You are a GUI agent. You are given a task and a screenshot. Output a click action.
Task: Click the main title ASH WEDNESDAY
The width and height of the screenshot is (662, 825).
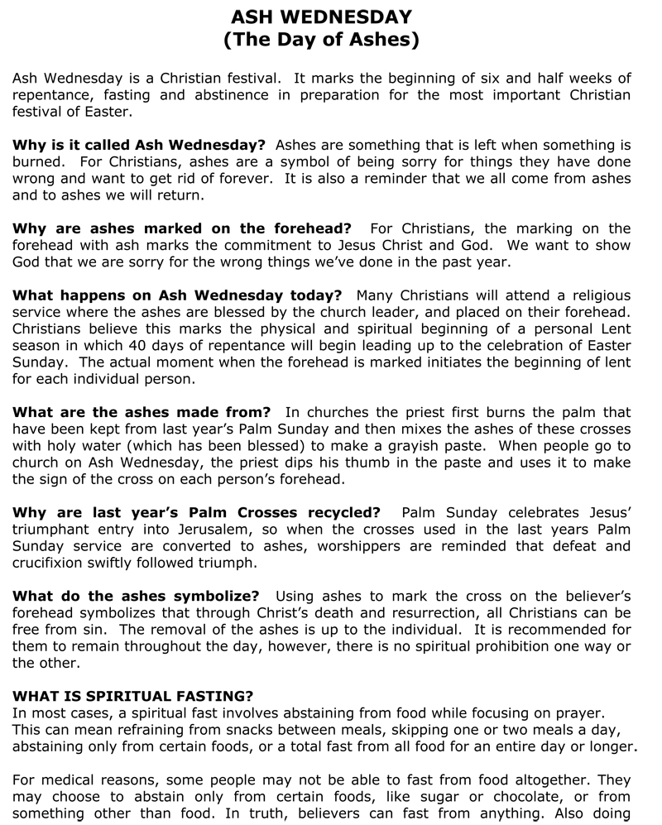point(321,17)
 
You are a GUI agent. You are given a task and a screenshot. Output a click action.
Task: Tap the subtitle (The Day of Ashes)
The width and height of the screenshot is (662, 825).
point(321,39)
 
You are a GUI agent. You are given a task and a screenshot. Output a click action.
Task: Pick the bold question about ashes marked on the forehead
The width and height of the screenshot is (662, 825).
point(182,228)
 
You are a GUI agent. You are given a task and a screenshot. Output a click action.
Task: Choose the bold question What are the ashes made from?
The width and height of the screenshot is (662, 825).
point(142,412)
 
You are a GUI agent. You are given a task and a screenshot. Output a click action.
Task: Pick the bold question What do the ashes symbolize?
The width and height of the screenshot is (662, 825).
point(136,596)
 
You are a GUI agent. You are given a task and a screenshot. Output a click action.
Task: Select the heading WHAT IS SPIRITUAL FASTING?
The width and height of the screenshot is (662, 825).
point(133,696)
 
